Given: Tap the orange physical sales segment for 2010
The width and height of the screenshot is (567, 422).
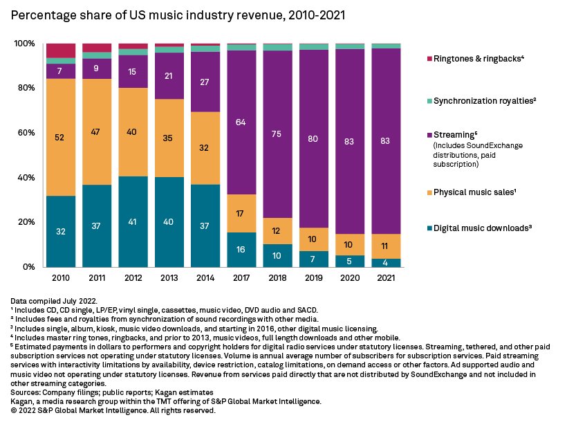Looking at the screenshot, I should pos(61,137).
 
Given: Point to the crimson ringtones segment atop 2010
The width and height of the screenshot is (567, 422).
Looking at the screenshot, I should pos(61,51).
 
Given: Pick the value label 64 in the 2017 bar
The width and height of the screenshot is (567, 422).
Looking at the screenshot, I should pos(241,122).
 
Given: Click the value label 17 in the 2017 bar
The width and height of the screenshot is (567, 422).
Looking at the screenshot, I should pos(241,214).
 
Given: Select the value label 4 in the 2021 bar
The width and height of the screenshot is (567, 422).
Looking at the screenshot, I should pos(385,263).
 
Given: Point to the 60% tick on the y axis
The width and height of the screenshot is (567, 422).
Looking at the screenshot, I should pos(25,133).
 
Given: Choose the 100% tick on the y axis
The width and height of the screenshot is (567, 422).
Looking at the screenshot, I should pos(24,44).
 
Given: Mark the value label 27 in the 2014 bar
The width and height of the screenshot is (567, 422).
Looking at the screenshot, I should pos(205,82).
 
